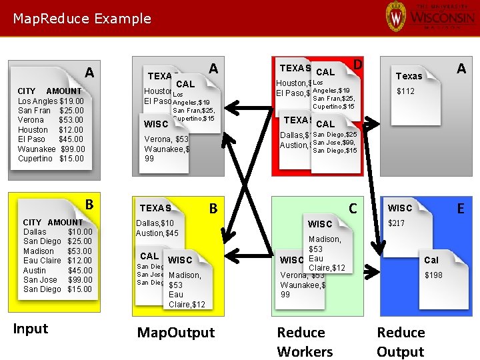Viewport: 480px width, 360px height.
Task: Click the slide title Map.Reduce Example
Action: [82, 19]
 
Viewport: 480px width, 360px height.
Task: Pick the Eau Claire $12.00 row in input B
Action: [57, 261]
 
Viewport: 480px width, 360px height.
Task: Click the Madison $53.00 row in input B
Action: [57, 251]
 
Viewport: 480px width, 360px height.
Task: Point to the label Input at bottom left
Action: [31, 329]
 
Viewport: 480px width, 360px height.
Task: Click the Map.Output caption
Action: [176, 333]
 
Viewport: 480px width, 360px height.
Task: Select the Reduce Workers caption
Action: [305, 342]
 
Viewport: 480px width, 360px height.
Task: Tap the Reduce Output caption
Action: [401, 342]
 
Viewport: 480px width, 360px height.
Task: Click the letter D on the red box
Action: [357, 65]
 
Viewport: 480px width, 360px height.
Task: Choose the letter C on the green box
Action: [354, 209]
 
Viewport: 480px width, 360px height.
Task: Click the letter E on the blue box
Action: [460, 209]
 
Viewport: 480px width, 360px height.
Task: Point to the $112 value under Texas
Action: [406, 91]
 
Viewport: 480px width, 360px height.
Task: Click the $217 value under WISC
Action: [397, 223]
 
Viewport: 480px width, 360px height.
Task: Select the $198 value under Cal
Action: [433, 275]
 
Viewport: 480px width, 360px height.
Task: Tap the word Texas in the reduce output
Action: [409, 76]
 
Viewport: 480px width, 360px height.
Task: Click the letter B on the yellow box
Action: [213, 209]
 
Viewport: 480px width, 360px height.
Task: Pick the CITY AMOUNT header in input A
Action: [49, 91]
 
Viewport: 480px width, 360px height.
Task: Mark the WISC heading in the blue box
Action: [400, 208]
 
